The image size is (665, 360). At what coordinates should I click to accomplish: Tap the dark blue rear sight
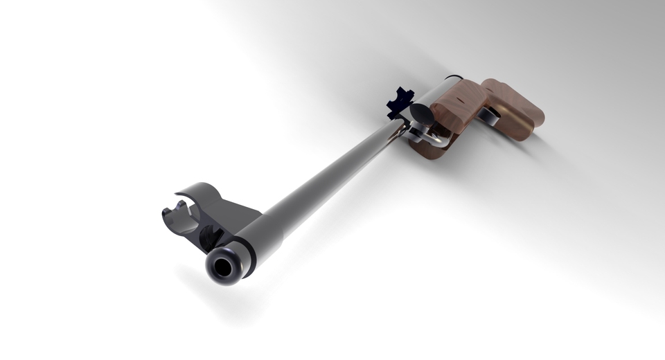click(x=399, y=100)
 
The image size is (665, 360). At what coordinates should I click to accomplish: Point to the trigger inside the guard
click(x=418, y=131)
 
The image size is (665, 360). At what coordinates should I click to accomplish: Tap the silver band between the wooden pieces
click(x=489, y=117)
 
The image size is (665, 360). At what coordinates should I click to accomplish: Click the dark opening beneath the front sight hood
click(x=209, y=239)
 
